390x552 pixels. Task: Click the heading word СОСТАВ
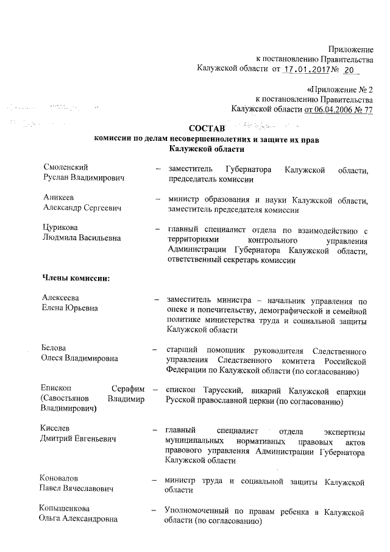[207, 128]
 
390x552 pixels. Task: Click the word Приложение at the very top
[350, 49]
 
